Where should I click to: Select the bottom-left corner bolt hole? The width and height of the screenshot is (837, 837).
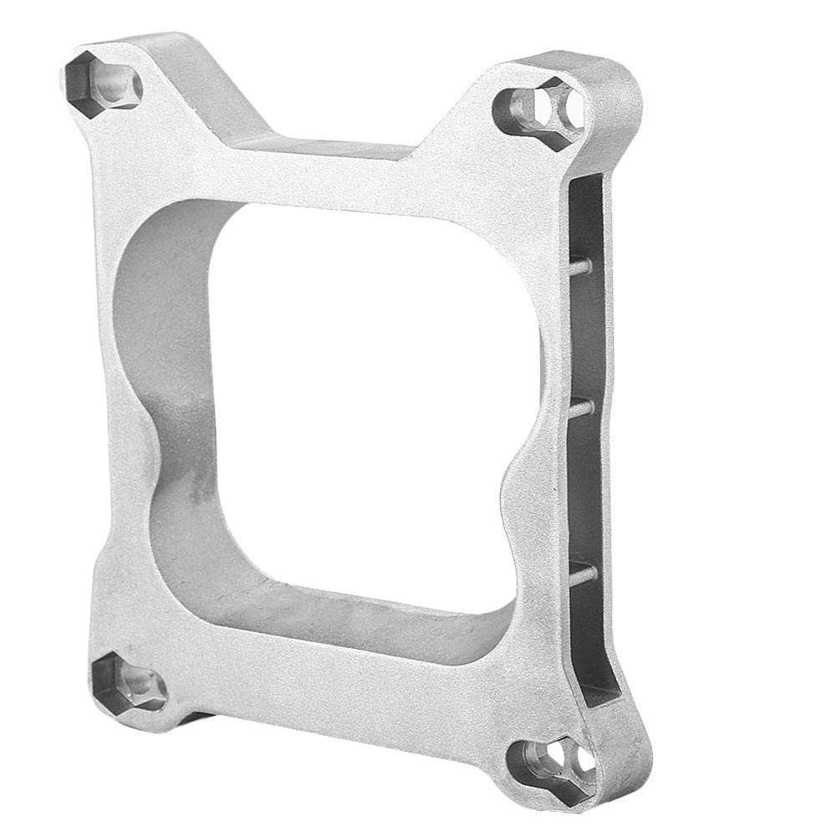(126, 681)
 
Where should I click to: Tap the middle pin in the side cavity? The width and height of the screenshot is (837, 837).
(584, 406)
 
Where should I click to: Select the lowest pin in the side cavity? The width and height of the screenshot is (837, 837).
(584, 572)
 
